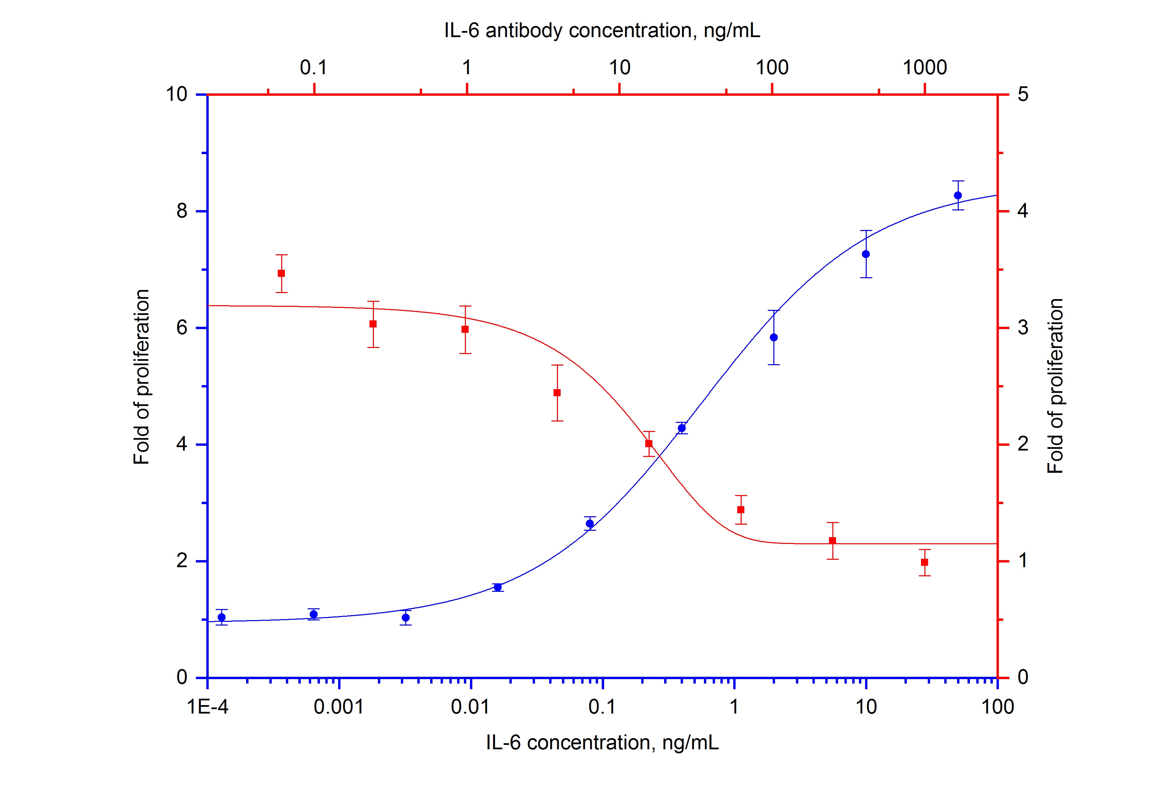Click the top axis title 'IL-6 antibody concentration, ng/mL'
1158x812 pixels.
602,31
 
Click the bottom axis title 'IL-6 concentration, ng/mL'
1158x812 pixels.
602,743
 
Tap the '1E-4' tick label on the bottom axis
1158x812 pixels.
208,707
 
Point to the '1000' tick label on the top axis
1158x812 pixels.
924,67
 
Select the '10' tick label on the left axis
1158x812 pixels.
177,94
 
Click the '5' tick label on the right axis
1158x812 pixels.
1023,94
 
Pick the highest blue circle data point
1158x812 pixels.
958,195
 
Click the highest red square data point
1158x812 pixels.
281,273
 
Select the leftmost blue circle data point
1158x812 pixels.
221,617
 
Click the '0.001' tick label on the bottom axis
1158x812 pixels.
339,707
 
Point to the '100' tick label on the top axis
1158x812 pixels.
772,67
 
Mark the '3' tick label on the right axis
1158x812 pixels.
1023,328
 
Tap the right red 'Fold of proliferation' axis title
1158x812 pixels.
1055,386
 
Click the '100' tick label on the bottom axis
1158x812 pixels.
998,707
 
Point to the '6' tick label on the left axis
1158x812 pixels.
182,328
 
